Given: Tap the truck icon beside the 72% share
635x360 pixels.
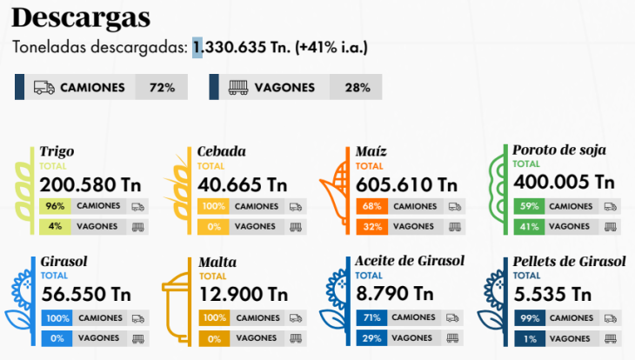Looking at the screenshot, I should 44,87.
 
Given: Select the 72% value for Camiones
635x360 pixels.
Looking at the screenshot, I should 163,87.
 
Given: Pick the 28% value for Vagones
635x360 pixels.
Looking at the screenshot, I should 357,87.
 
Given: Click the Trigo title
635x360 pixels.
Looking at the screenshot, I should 57,151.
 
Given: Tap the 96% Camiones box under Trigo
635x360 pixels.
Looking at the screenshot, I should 56,206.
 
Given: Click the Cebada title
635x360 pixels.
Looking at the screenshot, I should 221,151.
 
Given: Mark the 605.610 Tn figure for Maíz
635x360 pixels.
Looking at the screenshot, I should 406,184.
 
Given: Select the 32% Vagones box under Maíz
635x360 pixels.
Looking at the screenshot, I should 371,226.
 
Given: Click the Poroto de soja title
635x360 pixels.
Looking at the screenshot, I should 559,150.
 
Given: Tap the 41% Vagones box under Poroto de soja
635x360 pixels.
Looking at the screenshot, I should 528,226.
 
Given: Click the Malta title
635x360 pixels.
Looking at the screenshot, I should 217,262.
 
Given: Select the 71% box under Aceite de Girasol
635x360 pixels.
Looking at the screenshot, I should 371,317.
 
